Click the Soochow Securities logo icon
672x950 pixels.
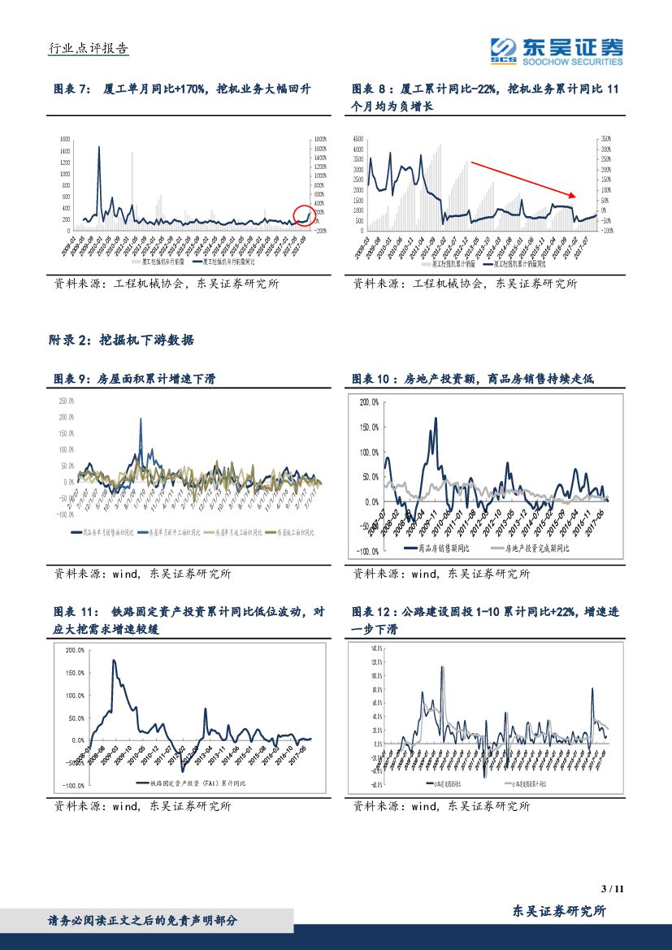pyautogui.click(x=505, y=50)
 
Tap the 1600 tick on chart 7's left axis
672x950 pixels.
pyautogui.click(x=66, y=140)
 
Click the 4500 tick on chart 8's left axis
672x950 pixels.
pyautogui.click(x=358, y=140)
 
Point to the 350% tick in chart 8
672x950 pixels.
pyautogui.click(x=606, y=140)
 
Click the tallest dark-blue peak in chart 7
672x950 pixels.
pyautogui.click(x=99, y=148)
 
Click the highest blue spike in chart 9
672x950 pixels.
pyautogui.click(x=141, y=419)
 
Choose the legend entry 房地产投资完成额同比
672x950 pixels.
pyautogui.click(x=535, y=548)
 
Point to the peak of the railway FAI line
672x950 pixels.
pyautogui.click(x=113, y=661)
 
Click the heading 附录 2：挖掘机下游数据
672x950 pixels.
pyautogui.click(x=124, y=341)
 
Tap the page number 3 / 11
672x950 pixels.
pyautogui.click(x=611, y=888)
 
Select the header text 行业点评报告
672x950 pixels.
pyautogui.click(x=89, y=49)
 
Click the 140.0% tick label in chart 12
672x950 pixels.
pyautogui.click(x=377, y=649)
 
